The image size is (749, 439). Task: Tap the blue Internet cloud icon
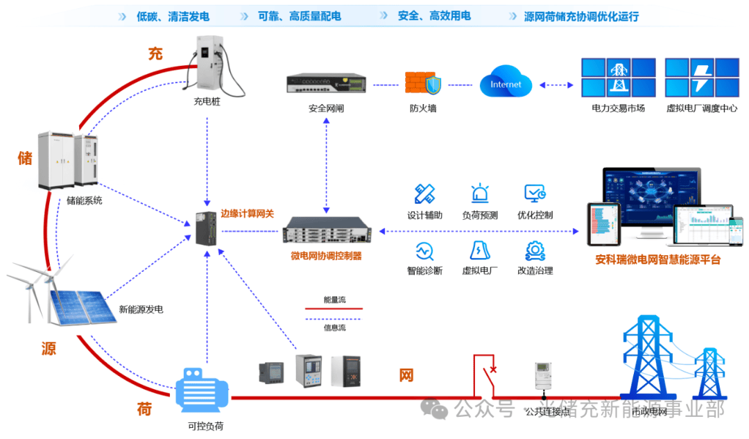pos(505,84)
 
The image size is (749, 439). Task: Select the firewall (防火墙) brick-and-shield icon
pos(423,83)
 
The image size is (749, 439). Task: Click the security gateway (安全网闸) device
pos(326,84)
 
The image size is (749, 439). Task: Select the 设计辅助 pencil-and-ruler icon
pos(424,193)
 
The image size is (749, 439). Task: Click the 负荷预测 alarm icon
pos(480,193)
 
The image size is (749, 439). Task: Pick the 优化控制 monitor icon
pos(535,193)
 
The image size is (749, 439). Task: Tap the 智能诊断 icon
pos(424,250)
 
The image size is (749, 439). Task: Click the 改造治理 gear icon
pos(535,250)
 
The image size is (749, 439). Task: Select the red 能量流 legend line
pos(334,309)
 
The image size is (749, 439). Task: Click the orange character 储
pos(25,158)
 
